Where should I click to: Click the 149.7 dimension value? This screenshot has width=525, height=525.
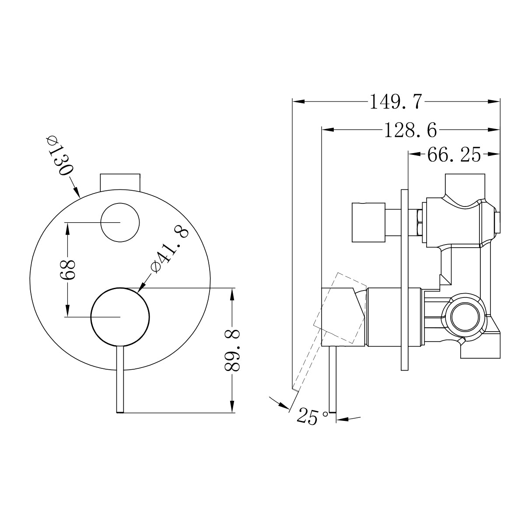click(x=396, y=102)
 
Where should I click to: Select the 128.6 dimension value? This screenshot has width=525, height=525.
click(x=410, y=130)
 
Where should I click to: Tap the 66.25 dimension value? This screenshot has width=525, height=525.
click(x=454, y=154)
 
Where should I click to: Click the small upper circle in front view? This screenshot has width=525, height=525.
click(x=120, y=222)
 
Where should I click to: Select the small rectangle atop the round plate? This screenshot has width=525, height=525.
click(x=120, y=182)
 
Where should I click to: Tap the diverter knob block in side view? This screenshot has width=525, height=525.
click(x=368, y=222)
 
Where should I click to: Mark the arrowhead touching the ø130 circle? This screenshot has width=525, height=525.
click(x=77, y=193)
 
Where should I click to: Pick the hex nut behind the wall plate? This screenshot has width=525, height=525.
click(x=419, y=222)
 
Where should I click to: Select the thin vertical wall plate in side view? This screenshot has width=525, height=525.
click(x=404, y=280)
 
